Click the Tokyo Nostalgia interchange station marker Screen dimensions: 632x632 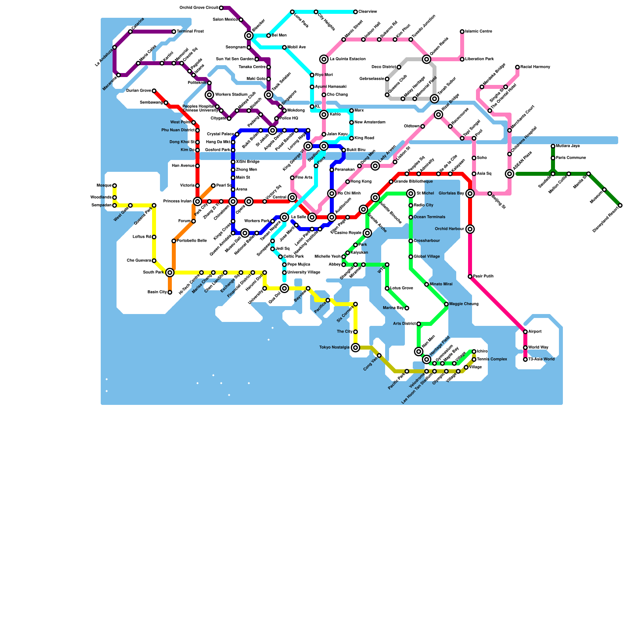pos(355,348)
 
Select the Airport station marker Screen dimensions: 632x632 pos(525,332)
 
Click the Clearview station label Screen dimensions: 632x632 pos(367,12)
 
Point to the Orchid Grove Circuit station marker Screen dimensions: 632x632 pos(221,8)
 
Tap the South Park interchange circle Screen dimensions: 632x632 pos(170,273)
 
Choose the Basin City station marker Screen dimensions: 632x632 pos(170,292)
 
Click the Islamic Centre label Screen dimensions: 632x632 pos(478,32)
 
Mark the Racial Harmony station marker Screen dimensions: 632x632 pos(517,67)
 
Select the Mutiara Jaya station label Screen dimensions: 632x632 pos(568,146)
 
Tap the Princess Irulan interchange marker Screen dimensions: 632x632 pos(197,201)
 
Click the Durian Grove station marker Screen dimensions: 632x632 pos(154,91)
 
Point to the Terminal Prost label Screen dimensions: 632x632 pos(190,32)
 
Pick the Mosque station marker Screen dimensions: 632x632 pos(115,186)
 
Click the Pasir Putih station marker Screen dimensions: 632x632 pos(470,276)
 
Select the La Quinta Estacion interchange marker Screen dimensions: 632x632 pos(324,59)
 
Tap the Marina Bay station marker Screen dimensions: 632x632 pos(407,308)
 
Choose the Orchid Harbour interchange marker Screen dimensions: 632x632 pos(470,229)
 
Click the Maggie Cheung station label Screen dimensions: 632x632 pos(464,304)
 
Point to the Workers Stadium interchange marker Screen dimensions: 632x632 pos(209,95)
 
